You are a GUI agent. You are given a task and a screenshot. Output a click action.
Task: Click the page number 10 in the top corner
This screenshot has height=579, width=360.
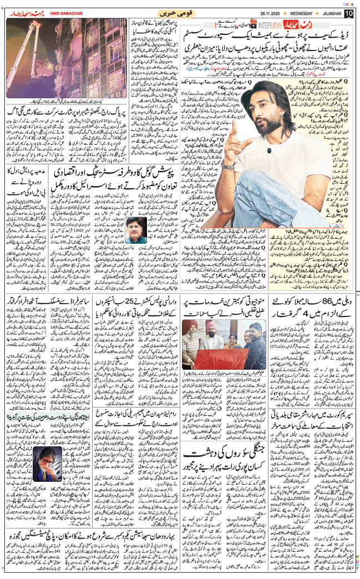click(x=348, y=13)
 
